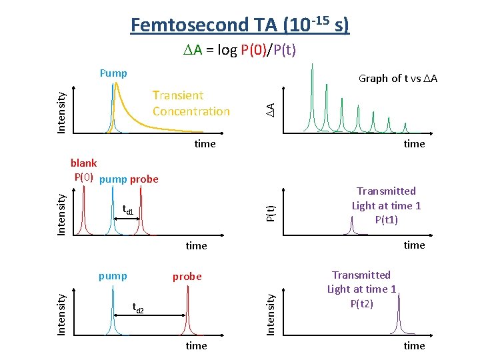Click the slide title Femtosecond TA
239,25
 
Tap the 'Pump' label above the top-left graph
113,73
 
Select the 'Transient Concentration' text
191,103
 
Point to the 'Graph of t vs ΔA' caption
398,78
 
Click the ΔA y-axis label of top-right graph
271,108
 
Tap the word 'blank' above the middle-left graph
83,163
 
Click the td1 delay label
127,211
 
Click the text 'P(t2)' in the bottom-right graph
361,303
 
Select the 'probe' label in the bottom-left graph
187,276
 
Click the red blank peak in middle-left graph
83,213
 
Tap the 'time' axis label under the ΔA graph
414,143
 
